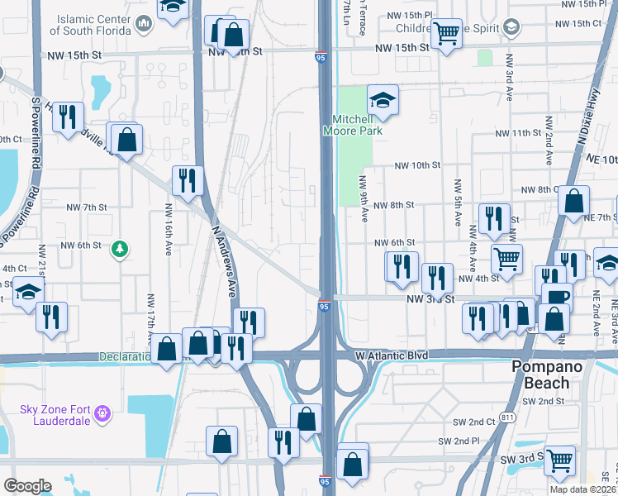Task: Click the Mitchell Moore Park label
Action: [357, 125]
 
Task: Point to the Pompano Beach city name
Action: [540, 374]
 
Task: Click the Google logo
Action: [27, 486]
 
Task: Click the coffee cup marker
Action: [559, 296]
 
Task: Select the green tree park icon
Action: [121, 248]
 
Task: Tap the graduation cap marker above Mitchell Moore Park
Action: [383, 101]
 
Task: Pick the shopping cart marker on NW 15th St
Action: [446, 34]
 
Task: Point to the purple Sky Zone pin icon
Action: [102, 411]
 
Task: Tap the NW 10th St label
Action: [417, 166]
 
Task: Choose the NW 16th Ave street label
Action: [168, 230]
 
